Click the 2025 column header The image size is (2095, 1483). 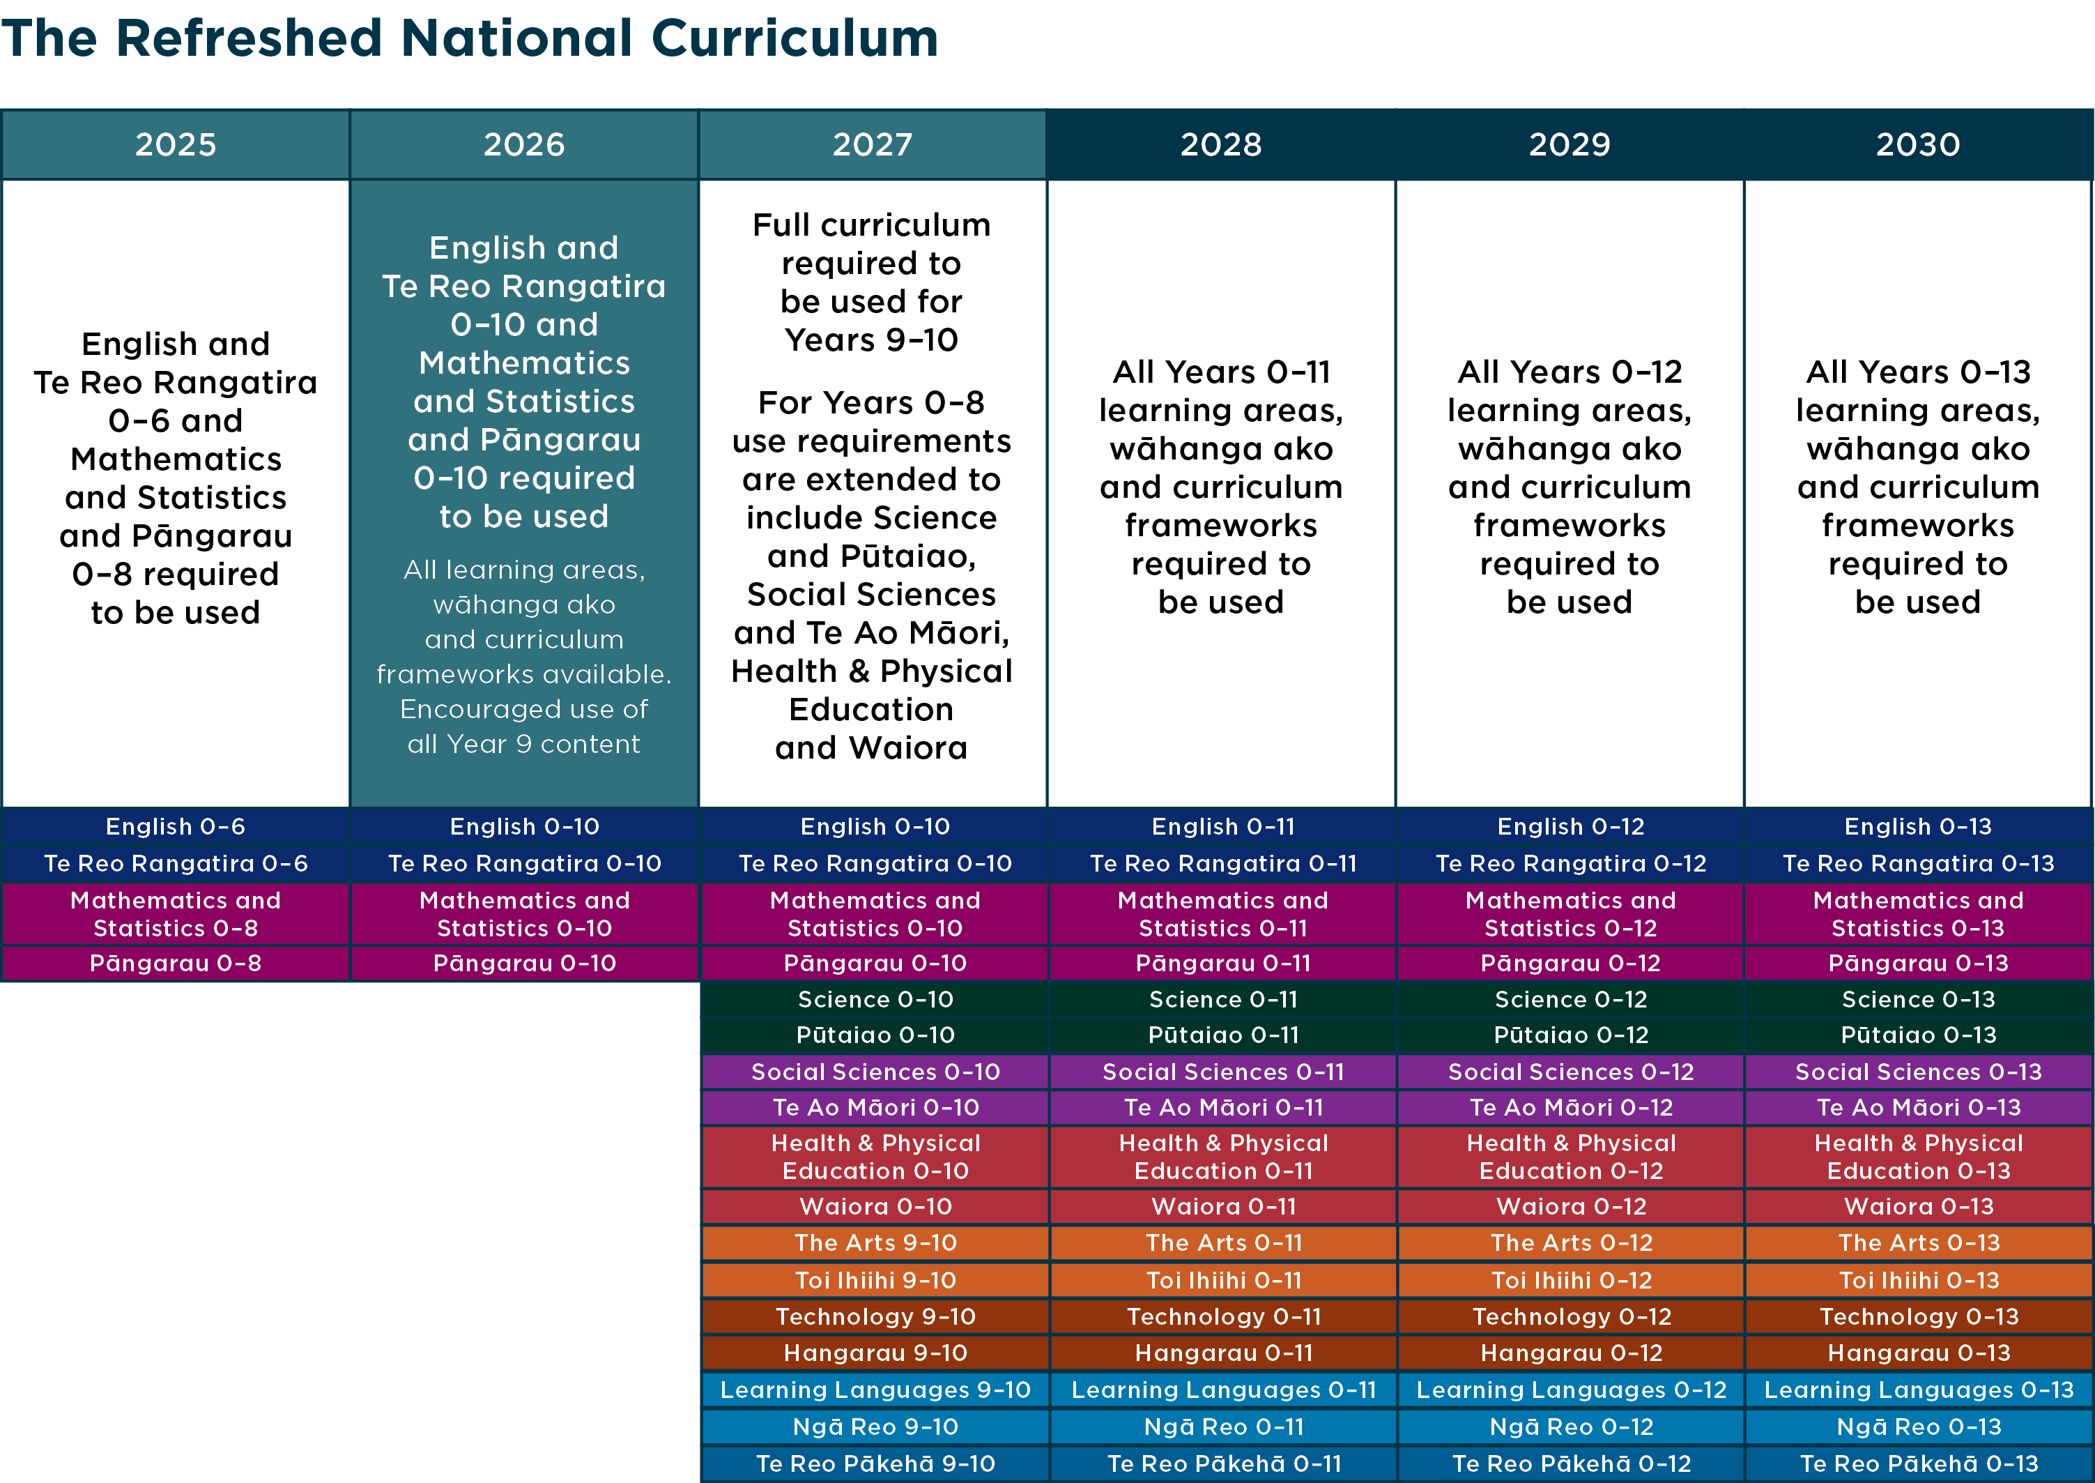(x=175, y=144)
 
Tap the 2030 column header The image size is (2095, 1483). (x=1918, y=144)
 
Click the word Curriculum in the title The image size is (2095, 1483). (x=795, y=38)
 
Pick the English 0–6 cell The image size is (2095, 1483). (x=175, y=826)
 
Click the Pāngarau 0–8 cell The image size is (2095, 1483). (x=175, y=964)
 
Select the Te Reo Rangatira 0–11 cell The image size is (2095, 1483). (x=1222, y=864)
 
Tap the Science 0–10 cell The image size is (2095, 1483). (x=875, y=999)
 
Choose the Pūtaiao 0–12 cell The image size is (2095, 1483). (x=1570, y=1035)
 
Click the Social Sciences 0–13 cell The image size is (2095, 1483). (x=1918, y=1071)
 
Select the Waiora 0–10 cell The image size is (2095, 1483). (x=875, y=1206)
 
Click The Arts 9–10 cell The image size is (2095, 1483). (x=875, y=1243)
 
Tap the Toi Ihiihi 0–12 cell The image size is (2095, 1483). (x=1570, y=1280)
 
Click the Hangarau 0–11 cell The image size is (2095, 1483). (x=1222, y=1353)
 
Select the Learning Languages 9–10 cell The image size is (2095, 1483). (x=875, y=1390)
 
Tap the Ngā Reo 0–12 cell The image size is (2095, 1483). (x=1570, y=1427)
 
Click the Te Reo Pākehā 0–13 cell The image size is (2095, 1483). (x=1918, y=1463)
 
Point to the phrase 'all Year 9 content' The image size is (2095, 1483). (x=523, y=744)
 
